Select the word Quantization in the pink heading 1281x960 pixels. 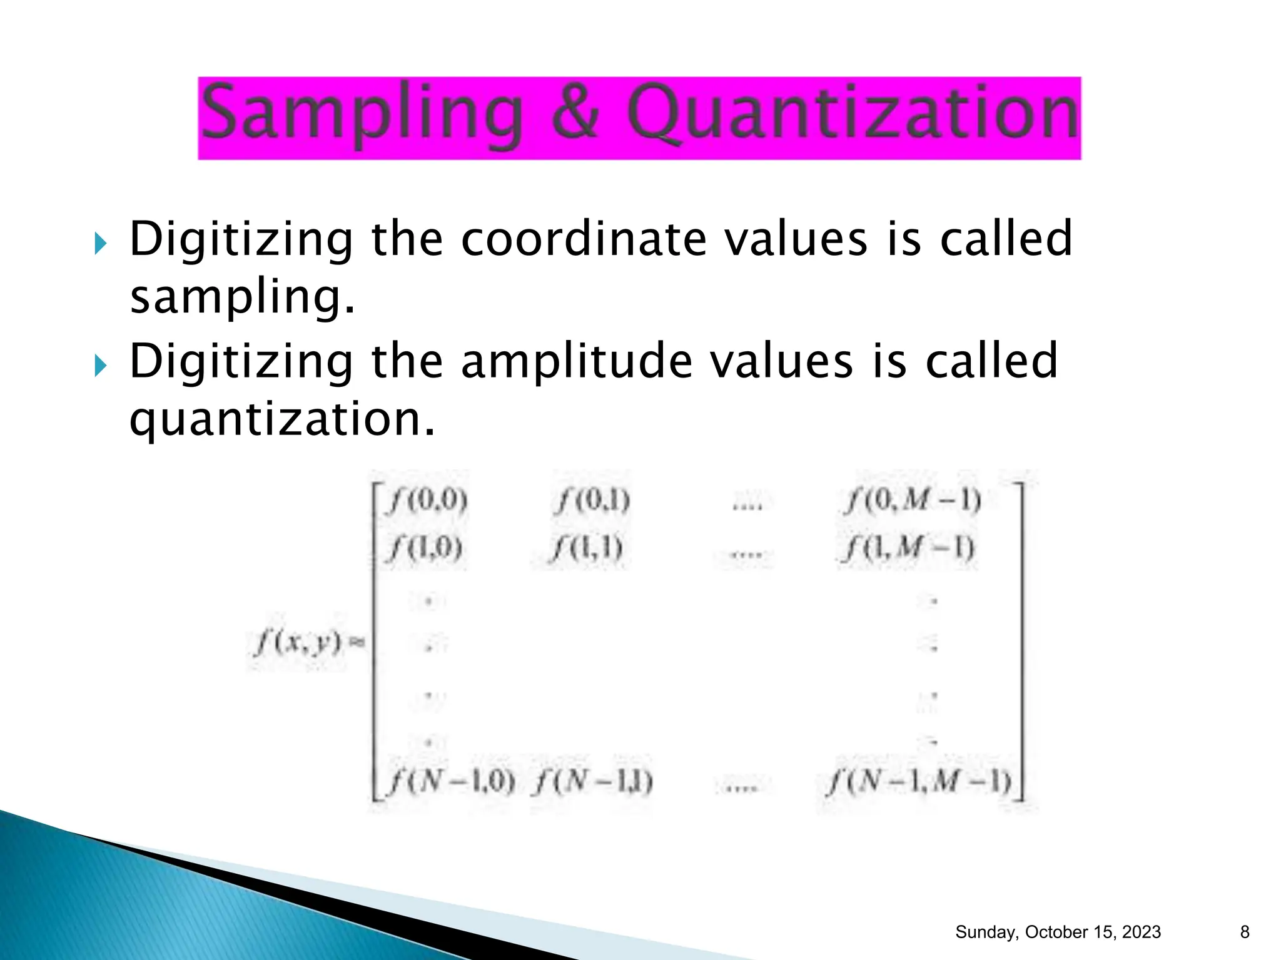(x=853, y=114)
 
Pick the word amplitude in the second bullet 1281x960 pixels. (x=577, y=362)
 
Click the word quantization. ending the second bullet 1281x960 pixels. (x=281, y=419)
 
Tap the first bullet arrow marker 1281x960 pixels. (x=101, y=243)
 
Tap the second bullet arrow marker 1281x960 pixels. (x=101, y=366)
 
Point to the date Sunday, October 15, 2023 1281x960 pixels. (x=1058, y=932)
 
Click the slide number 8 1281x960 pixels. (x=1244, y=932)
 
